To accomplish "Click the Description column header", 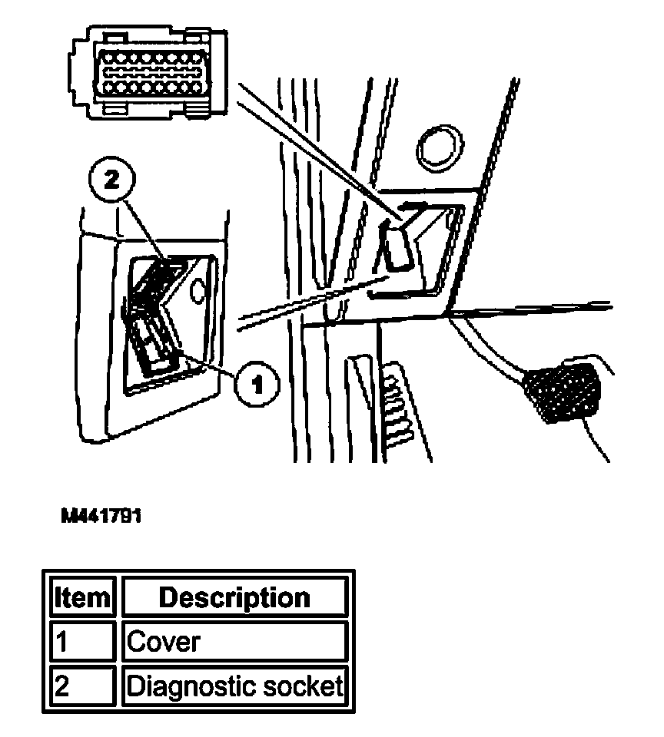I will [234, 597].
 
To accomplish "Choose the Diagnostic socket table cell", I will [234, 686].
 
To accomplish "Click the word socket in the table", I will [304, 686].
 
